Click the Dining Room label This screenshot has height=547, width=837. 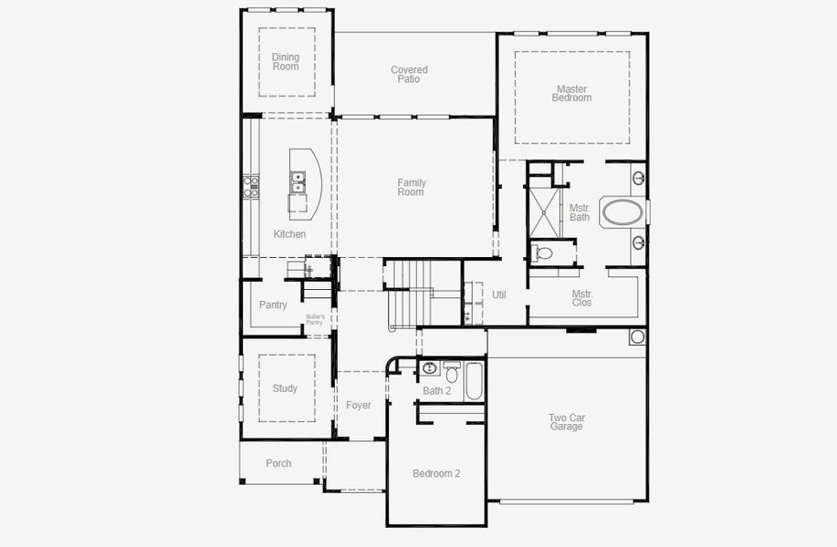pos(285,62)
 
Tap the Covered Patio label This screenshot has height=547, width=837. pos(409,75)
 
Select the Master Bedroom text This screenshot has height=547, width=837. pos(571,94)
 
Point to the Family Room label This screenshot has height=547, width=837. pos(411,188)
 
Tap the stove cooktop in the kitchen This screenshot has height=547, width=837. pos(251,186)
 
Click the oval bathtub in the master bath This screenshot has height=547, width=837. pos(622,212)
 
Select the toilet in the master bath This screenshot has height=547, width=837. pos(543,253)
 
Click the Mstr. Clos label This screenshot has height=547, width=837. pos(581,298)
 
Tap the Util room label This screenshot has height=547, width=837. pos(499,295)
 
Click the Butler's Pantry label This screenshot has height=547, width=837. pos(315,319)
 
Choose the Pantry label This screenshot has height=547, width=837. pos(273,305)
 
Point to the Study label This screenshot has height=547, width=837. pos(285,388)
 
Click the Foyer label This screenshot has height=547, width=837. pos(359,406)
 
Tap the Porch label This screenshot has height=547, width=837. pos(278,463)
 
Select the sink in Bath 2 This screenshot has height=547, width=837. pos(430,369)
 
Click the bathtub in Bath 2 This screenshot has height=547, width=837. pos(474,381)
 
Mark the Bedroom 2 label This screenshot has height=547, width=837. pos(436,473)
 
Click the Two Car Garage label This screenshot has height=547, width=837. pos(567,422)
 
